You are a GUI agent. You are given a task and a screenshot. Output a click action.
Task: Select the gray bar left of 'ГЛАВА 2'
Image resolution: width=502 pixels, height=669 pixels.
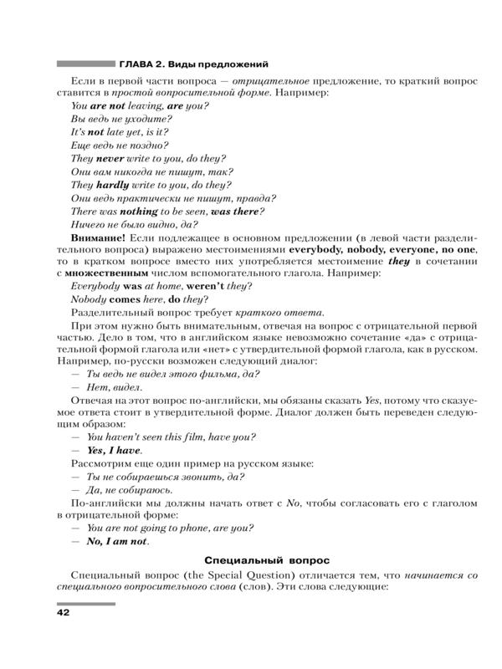85,63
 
